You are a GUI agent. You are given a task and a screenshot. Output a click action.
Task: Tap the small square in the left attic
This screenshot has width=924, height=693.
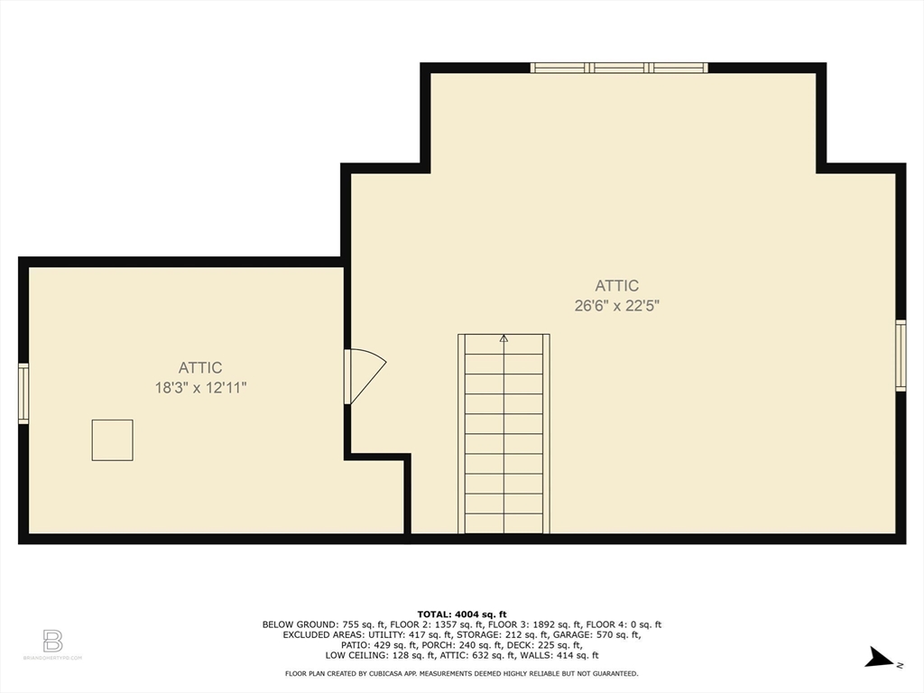[x=112, y=439]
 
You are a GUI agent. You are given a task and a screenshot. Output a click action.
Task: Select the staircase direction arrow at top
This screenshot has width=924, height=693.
[x=504, y=339]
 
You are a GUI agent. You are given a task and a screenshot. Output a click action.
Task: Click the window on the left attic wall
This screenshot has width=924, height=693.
[x=23, y=393]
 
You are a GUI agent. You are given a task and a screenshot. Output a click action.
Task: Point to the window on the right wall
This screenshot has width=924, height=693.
[x=900, y=356]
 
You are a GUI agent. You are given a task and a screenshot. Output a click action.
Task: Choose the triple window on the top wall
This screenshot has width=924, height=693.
[x=619, y=68]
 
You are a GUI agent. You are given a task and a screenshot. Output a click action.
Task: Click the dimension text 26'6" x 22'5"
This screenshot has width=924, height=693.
[x=617, y=305]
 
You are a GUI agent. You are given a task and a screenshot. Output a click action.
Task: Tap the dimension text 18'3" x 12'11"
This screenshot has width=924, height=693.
[x=200, y=387]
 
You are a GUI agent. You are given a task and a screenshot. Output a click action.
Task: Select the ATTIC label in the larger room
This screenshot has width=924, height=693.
[x=617, y=285]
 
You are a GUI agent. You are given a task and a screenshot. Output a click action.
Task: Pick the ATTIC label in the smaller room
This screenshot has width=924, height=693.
[x=200, y=367]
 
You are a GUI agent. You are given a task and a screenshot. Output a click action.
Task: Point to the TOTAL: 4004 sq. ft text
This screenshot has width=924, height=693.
[x=462, y=614]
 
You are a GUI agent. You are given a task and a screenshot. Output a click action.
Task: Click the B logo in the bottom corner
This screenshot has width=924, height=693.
[x=52, y=642]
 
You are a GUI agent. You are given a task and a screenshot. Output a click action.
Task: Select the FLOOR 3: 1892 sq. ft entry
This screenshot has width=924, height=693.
[x=543, y=624]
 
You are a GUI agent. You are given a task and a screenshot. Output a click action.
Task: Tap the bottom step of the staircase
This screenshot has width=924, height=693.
[x=504, y=523]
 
